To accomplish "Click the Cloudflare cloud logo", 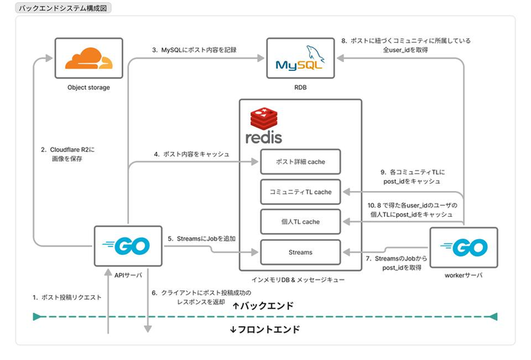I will (88, 60).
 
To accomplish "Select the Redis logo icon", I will (264, 126).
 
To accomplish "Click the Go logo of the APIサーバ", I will (128, 246).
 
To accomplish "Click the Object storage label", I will (88, 88).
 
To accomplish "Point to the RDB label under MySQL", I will (300, 88).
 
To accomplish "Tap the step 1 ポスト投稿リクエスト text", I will (66, 297).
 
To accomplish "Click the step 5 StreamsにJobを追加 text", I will (201, 238).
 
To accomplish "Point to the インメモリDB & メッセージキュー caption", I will (299, 280).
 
